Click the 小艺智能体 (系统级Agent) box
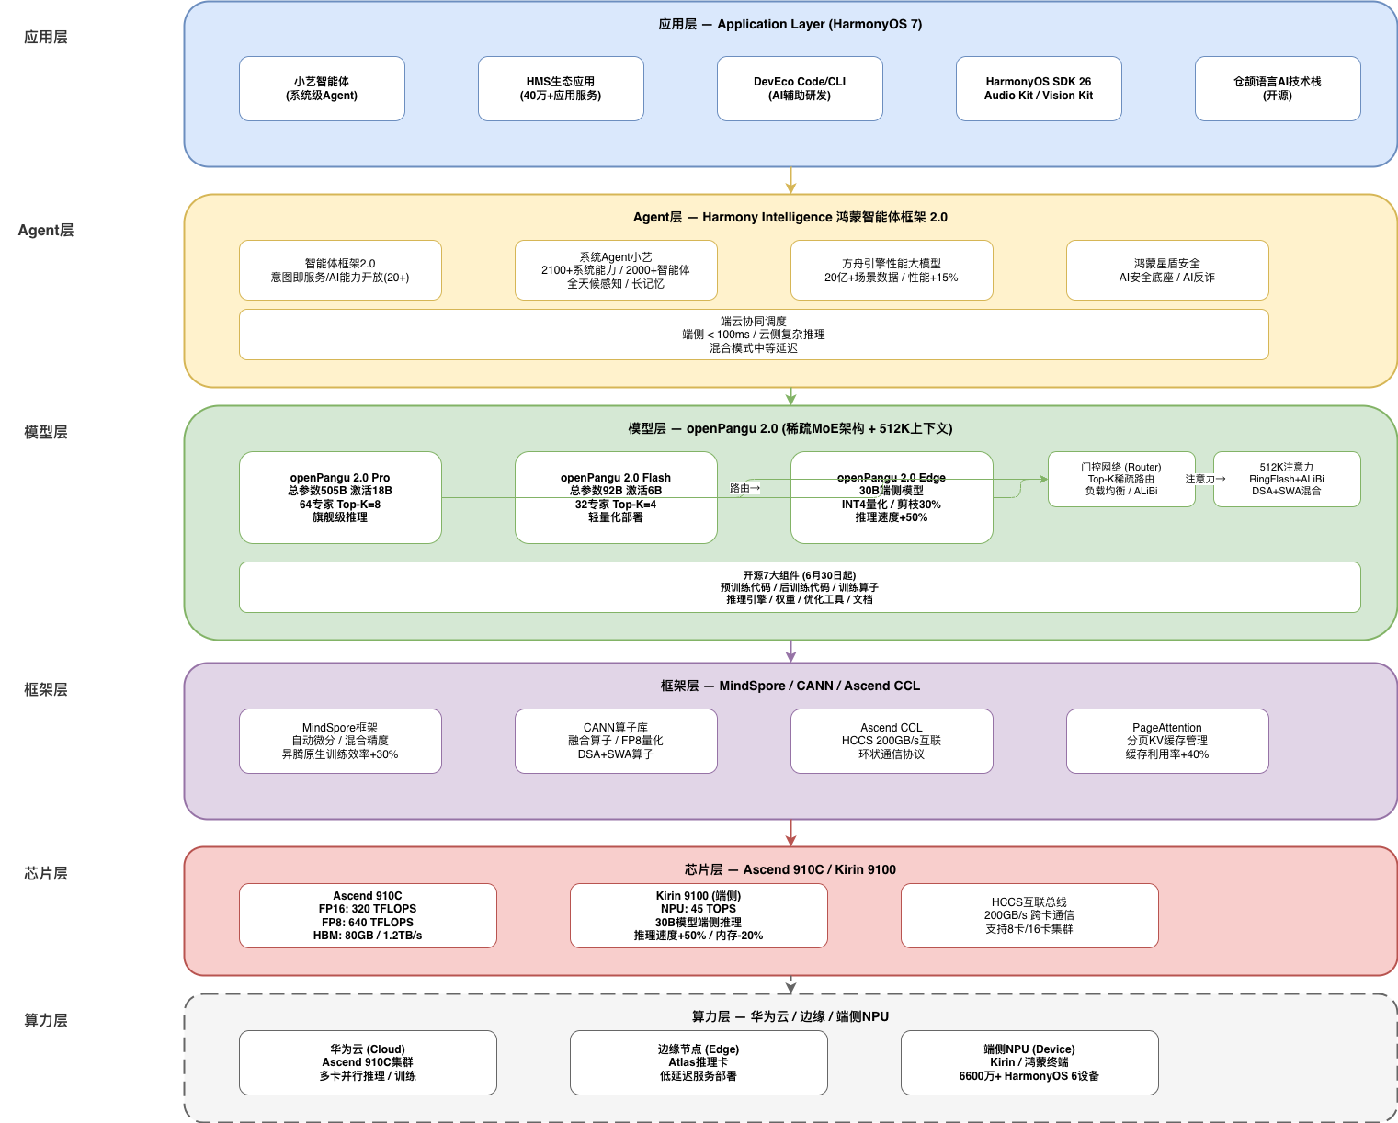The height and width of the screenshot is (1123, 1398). tap(322, 88)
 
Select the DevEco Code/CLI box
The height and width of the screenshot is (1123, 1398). tap(799, 88)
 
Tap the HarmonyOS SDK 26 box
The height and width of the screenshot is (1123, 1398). tap(1038, 88)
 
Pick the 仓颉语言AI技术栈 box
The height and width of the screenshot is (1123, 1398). tap(1278, 88)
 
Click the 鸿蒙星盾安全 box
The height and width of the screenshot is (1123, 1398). tap(1166, 270)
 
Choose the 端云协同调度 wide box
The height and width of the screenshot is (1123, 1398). tap(754, 335)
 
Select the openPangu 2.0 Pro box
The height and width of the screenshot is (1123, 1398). tap(340, 497)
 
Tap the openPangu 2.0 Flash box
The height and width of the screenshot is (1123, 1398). tap(616, 497)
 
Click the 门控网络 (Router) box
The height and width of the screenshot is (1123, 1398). tap(1121, 480)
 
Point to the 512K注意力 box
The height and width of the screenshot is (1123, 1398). tap(1286, 480)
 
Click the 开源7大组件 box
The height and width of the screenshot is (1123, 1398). tap(799, 587)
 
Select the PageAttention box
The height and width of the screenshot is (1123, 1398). tap(1166, 741)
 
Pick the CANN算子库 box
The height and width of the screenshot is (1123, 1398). tap(616, 741)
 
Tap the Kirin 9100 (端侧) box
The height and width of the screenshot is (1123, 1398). tap(699, 916)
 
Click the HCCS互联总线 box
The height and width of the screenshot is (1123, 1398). tap(1029, 916)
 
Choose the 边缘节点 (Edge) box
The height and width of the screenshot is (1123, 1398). tap(699, 1062)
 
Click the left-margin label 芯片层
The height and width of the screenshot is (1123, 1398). tap(45, 874)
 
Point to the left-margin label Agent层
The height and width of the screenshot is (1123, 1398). tap(45, 231)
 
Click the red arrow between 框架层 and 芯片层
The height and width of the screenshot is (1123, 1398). tap(790, 833)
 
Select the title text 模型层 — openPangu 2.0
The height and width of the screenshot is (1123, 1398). tap(790, 428)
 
